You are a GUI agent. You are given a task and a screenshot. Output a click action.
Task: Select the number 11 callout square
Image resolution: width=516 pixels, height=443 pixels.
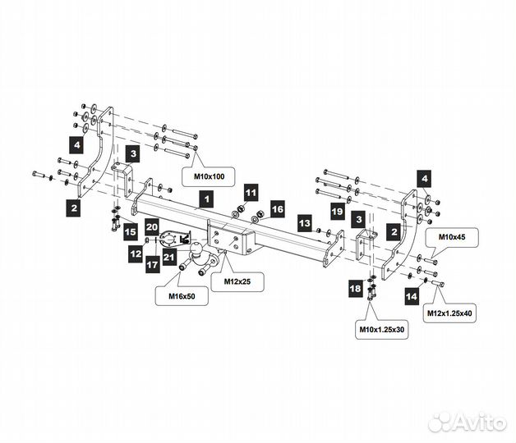click(251, 194)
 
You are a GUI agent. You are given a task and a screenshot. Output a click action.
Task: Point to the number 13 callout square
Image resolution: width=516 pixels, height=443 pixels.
click(304, 222)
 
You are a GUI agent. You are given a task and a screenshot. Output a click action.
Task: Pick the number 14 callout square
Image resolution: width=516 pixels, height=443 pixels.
click(412, 293)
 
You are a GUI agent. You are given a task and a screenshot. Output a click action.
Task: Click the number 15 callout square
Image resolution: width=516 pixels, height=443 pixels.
click(131, 233)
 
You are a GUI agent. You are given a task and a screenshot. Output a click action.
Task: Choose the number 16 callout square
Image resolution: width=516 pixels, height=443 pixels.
click(277, 210)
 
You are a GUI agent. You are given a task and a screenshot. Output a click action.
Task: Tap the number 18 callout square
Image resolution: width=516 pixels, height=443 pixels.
click(354, 288)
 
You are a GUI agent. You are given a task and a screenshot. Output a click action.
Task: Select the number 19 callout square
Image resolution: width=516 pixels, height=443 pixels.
click(336, 212)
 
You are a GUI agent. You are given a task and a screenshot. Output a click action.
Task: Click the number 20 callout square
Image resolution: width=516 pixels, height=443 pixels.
click(151, 226)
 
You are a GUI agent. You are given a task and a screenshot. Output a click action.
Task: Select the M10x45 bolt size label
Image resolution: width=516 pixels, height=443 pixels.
click(451, 237)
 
